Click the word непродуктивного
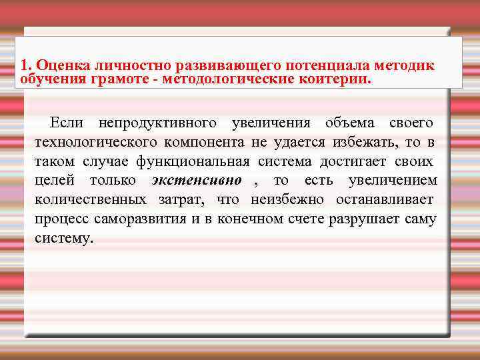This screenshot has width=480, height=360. tap(157, 123)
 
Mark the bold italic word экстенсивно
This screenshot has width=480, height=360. tap(196, 181)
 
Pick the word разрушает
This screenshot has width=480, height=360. tap(364, 219)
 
